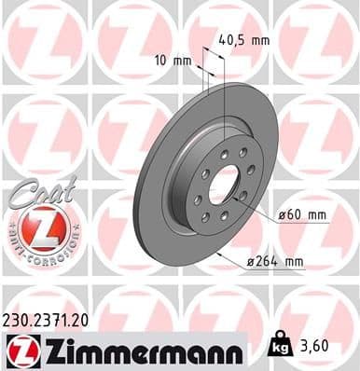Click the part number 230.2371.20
(54, 319)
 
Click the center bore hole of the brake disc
(224, 184)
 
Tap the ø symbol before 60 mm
(283, 215)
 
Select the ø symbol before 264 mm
(275, 262)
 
